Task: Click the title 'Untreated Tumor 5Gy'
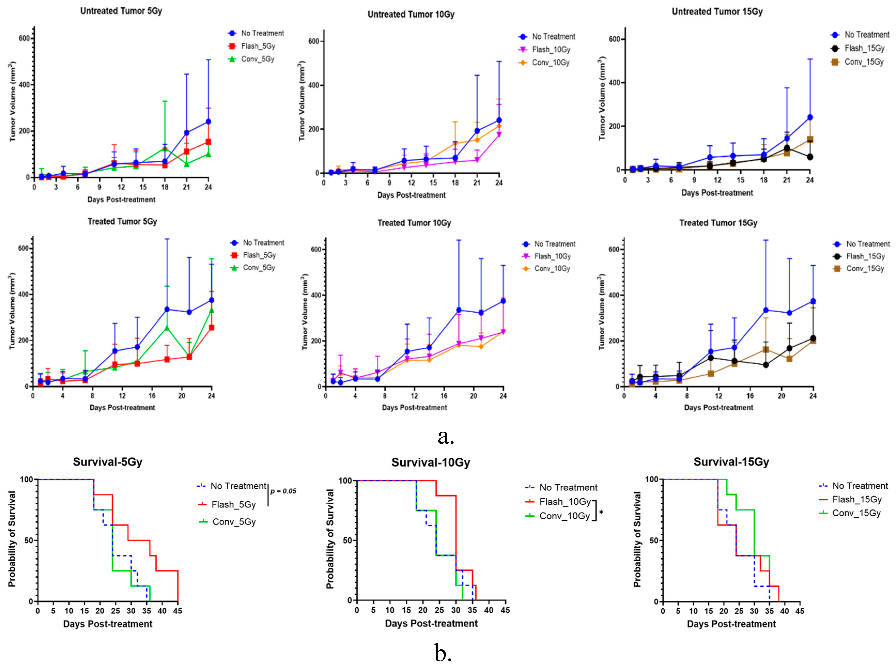point(121,11)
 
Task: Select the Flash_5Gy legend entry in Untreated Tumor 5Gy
point(258,46)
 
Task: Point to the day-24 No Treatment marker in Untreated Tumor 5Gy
point(208,122)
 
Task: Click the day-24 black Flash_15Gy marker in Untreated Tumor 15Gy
point(809,157)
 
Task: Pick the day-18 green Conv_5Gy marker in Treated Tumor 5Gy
point(167,327)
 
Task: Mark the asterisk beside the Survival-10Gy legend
point(601,512)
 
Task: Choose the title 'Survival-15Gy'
point(731,462)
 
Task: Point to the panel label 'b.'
point(443,652)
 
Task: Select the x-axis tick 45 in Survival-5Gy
point(177,611)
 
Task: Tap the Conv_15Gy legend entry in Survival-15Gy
point(856,513)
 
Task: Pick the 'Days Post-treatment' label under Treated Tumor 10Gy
point(414,408)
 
